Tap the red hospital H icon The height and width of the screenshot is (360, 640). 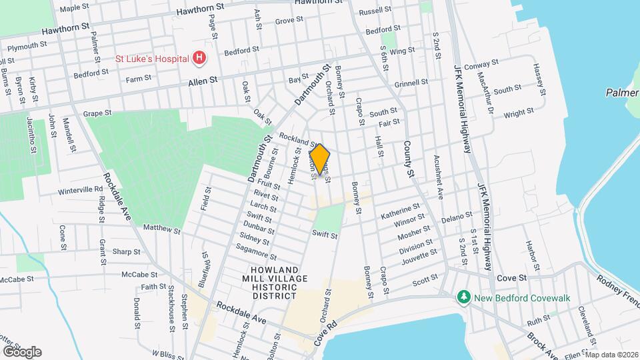[199, 59]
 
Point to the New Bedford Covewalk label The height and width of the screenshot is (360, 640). [521, 297]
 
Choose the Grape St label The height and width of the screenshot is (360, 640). [97, 114]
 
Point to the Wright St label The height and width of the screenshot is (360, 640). [519, 114]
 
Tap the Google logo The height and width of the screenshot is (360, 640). [21, 351]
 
